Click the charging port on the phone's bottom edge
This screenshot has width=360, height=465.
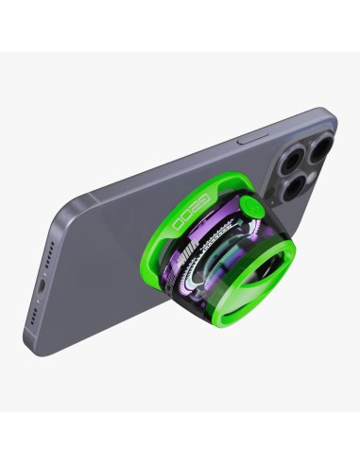[39, 284]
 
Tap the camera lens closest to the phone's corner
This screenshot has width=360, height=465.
[317, 147]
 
